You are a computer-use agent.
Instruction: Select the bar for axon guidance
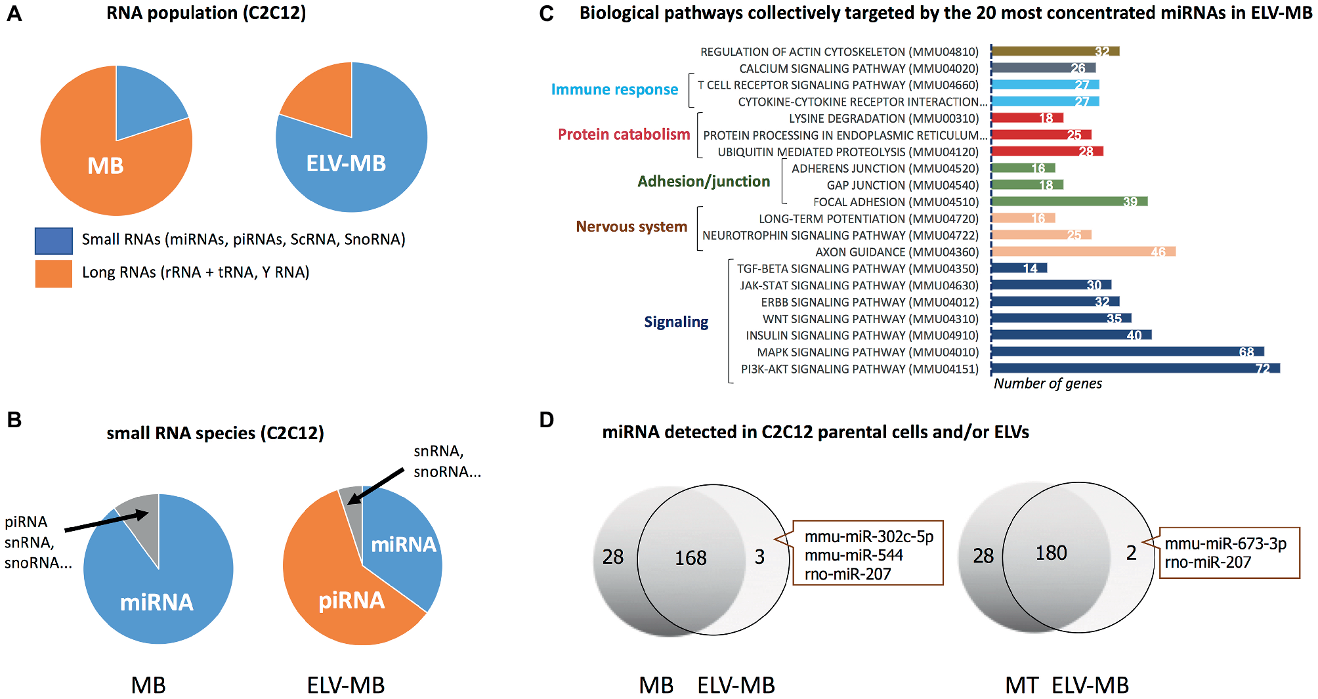coord(1083,251)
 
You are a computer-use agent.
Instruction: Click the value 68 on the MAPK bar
coord(1246,352)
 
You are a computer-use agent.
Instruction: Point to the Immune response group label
coord(614,89)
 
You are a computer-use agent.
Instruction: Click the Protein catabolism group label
coord(624,135)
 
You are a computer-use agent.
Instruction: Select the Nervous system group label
coord(631,226)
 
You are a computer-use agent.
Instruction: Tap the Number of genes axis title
coord(1048,383)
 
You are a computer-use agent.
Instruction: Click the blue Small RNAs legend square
coord(53,240)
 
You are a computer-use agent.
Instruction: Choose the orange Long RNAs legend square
coord(53,273)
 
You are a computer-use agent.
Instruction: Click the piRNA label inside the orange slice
coord(351,601)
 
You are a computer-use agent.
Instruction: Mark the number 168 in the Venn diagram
coord(691,558)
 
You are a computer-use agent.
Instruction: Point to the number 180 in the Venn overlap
coord(1051,553)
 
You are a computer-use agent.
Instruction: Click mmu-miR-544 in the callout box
coord(853,555)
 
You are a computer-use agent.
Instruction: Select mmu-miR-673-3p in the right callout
coord(1225,543)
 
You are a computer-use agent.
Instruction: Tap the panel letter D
coord(546,420)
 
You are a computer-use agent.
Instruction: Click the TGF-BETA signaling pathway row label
coord(857,268)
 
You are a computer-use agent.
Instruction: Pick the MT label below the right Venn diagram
coord(1021,685)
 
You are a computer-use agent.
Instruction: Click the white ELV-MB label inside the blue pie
coord(346,163)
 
